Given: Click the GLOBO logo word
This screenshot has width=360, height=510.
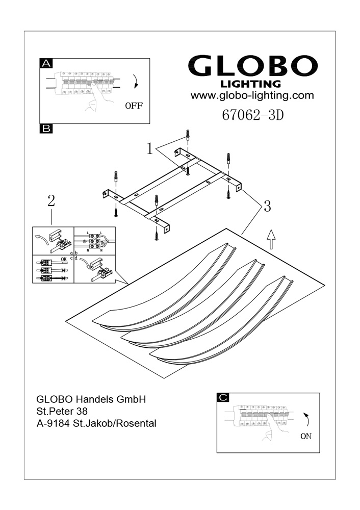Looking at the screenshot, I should point(253,67).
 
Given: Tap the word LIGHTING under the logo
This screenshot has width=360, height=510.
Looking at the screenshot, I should point(250,84).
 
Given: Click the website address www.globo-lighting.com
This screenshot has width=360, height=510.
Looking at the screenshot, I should point(252,95).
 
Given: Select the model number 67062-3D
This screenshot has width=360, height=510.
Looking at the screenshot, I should point(252,115).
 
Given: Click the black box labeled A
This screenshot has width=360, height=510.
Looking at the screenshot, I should point(46,63).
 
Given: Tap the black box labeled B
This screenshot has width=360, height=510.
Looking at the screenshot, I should point(46,129).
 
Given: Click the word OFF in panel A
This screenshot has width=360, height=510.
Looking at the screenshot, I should point(134,107).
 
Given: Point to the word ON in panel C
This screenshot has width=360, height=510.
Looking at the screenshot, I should point(306,437).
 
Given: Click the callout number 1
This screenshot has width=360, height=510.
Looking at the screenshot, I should point(150,148).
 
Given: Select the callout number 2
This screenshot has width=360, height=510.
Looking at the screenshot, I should point(51,201).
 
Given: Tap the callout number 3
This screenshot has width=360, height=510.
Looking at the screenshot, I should point(266,207).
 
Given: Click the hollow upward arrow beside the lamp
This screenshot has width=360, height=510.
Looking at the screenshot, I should point(271,238).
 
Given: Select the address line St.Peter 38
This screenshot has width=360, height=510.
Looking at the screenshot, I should point(65,412).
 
